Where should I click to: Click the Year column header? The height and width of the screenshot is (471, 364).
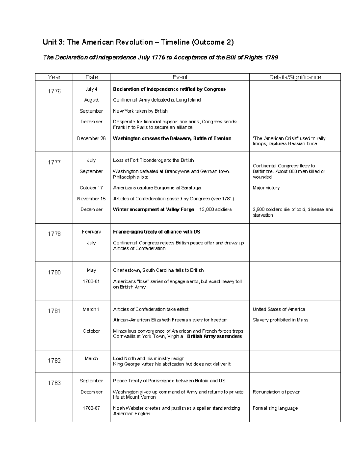pos(54,77)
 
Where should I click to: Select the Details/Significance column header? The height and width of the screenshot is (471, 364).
pos(295,77)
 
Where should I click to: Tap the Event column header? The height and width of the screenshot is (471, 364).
pos(180,77)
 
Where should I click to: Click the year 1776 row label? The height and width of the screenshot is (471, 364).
pos(54,91)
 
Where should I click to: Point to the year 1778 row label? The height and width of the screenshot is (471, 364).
pos(54,234)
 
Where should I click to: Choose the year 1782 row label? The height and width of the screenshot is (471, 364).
pos(54,361)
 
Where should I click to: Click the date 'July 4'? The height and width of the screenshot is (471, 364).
pos(91,89)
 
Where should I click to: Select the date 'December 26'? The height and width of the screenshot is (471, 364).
pos(91,138)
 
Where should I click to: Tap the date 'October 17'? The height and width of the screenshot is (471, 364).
pos(91,188)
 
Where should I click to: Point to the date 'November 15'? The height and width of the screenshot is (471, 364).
pos(91,199)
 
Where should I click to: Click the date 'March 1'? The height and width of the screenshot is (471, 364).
pos(91,309)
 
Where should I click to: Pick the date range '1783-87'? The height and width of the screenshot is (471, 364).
pos(91,408)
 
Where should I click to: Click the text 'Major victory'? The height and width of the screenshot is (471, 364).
pos(266,188)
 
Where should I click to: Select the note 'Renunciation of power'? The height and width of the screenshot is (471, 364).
pos(276,392)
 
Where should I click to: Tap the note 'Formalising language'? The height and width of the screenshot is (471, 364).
pos(275,408)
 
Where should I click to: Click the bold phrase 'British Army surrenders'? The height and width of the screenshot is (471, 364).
pos(214,336)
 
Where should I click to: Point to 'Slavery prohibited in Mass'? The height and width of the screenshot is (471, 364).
pos(280,320)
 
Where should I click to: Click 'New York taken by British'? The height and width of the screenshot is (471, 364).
pos(140,111)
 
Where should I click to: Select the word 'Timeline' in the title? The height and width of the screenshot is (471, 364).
pos(175,42)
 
